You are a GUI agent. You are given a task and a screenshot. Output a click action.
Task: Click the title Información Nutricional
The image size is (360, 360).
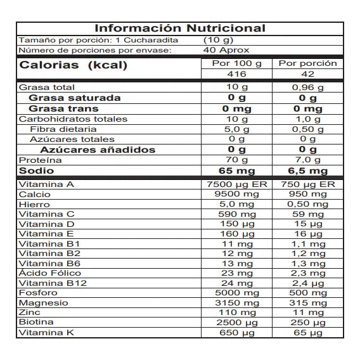(180, 29)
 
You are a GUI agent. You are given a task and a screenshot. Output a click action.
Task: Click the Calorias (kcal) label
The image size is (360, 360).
(74, 66)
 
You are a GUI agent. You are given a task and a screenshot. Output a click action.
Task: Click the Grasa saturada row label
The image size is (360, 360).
(75, 98)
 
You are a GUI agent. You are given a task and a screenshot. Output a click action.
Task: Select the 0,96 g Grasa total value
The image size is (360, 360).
(308, 87)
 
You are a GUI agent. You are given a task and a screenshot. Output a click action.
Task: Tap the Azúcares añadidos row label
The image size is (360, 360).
(98, 150)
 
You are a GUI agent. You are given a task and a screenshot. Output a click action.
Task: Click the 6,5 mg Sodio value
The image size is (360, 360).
(308, 171)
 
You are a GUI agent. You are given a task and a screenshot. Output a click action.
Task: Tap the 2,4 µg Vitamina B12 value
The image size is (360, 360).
(308, 283)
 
